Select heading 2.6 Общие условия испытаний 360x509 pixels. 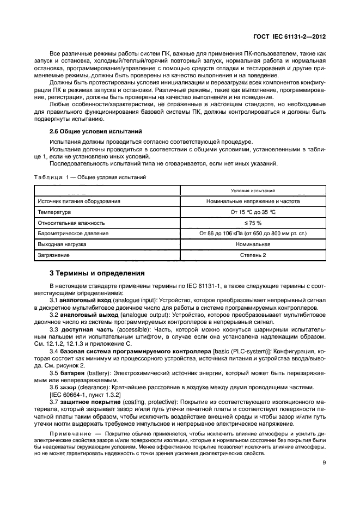click(95, 131)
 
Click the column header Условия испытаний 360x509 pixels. click(252, 191)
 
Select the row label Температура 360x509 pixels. click(56, 212)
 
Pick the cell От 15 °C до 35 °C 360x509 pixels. click(252, 212)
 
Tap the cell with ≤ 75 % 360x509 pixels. click(252, 223)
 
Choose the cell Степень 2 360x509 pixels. click(252, 255)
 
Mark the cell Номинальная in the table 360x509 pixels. click(252, 244)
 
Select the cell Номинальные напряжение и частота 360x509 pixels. click(252, 201)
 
